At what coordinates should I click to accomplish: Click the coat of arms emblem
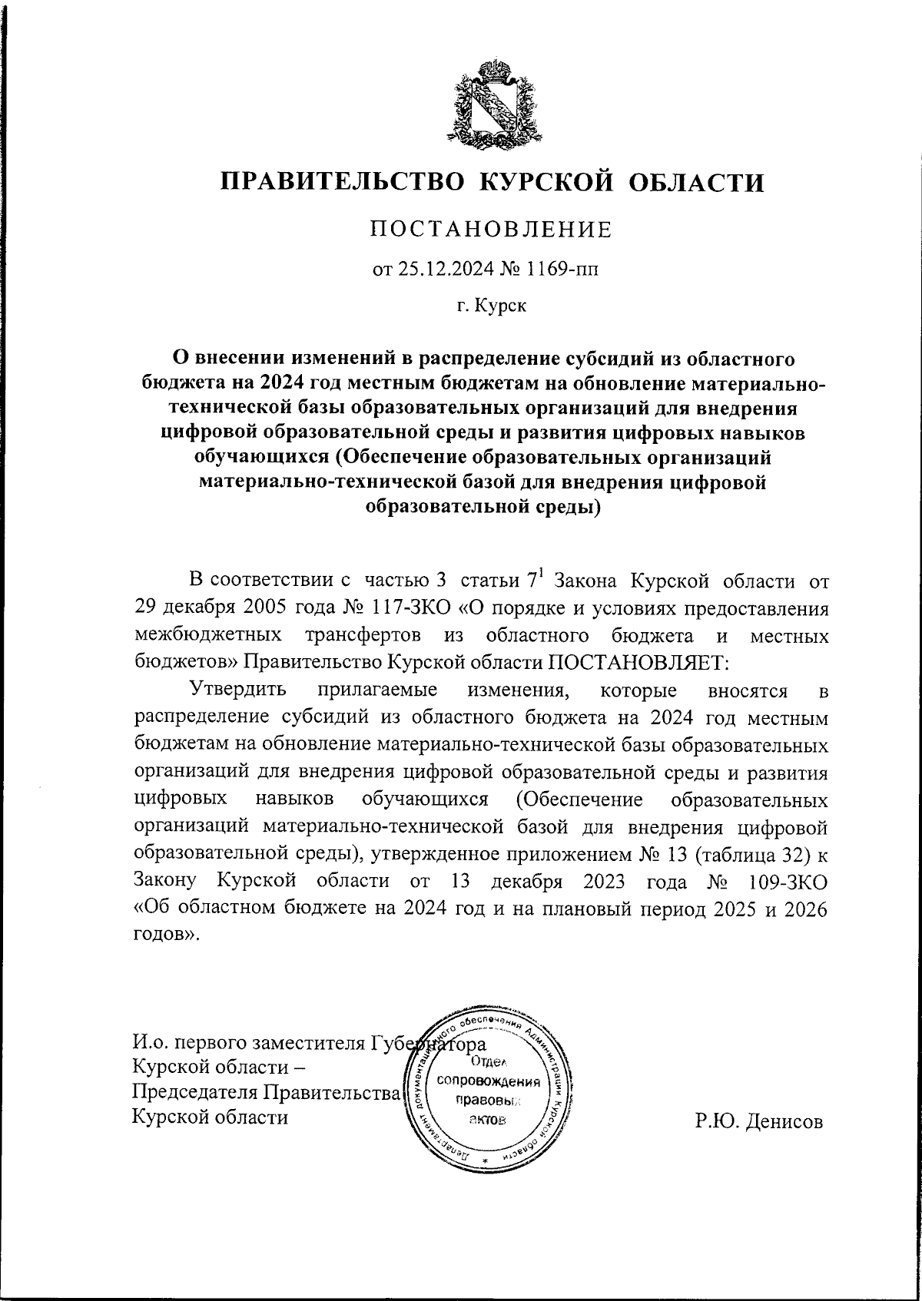(490, 104)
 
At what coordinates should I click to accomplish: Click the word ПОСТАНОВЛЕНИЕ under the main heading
(490, 230)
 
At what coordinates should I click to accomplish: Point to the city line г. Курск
(491, 306)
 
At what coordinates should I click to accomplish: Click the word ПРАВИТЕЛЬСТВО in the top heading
(342, 182)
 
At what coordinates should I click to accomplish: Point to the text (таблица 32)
(751, 855)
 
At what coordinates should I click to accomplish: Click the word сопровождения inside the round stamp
(489, 1081)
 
